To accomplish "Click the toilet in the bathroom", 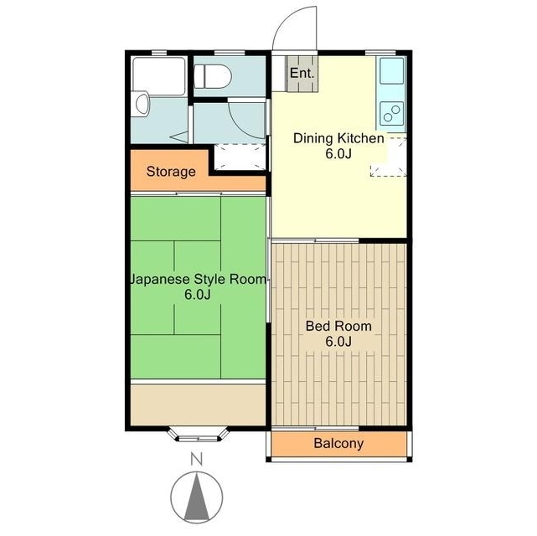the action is coord(212,76).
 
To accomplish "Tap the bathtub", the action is coord(159,76).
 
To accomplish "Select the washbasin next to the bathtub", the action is coord(141,104).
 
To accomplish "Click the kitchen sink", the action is coord(391,71).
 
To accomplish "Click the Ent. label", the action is coord(302,73).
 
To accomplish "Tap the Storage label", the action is coord(171,172).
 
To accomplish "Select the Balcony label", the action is coord(338,443).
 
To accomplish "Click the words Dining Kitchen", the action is coord(338,138).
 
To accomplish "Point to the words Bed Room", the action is coord(338,326).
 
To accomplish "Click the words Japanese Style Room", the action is coord(198,279).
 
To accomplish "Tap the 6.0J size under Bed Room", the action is coord(338,341).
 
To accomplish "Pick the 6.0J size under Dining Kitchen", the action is coord(338,153).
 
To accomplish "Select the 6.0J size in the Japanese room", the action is coord(197,294).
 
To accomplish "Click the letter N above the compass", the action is coord(197,459).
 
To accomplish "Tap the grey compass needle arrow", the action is coord(197,497).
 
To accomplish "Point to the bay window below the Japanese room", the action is coord(198,435).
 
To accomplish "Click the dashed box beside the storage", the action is coord(240,157).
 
